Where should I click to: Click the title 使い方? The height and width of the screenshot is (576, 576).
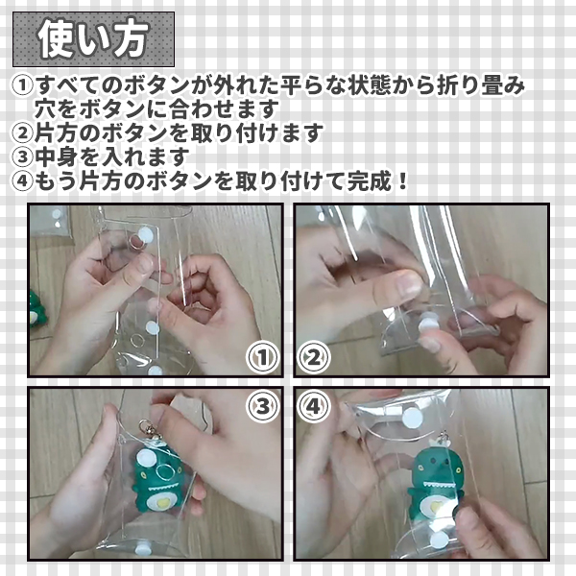(94, 38)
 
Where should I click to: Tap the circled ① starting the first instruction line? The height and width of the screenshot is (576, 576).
(22, 84)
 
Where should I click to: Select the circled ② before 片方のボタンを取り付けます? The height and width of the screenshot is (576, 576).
(22, 132)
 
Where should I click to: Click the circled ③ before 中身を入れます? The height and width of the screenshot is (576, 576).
(22, 156)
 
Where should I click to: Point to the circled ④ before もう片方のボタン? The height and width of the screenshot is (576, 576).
(22, 180)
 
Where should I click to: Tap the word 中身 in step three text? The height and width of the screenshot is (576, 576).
(58, 156)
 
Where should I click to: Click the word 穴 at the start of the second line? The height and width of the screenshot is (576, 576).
(45, 108)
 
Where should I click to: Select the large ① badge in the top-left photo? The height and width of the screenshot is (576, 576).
(262, 357)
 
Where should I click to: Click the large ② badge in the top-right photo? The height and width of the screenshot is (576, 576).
(313, 357)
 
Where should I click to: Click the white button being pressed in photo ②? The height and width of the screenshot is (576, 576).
(427, 324)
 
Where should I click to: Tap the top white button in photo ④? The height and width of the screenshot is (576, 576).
(412, 418)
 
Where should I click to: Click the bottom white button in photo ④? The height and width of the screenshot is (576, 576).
(440, 540)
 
